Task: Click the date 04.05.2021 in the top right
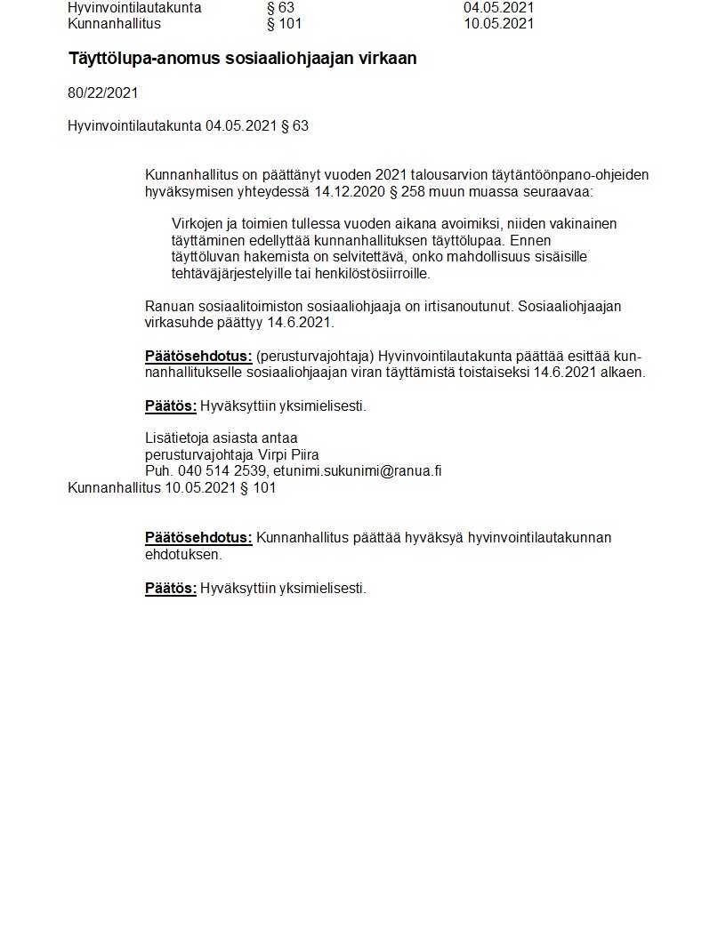498,8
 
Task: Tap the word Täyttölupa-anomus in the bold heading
139,59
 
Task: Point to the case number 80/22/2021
103,92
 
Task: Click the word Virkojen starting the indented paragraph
197,224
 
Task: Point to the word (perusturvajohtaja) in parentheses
315,357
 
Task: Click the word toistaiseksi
490,373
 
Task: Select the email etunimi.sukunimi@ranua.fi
357,471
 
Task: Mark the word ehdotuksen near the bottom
183,554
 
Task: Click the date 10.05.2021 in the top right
498,24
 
